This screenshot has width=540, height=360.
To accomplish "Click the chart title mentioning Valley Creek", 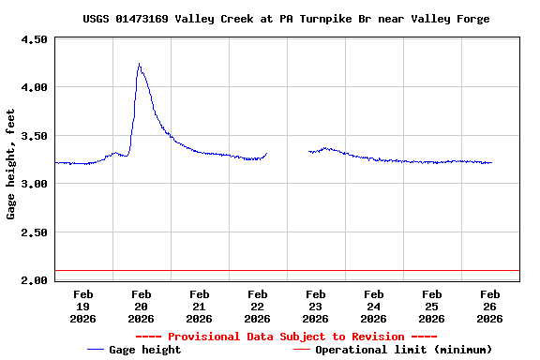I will click(x=285, y=19).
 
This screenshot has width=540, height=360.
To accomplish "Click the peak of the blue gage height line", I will click(x=139, y=64).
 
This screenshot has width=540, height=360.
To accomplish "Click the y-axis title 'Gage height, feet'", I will click(x=11, y=164).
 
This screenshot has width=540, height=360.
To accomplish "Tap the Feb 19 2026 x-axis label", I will click(x=83, y=306).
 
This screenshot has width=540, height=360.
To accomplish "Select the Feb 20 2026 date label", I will click(x=142, y=306).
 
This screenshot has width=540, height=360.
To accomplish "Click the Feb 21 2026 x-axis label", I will click(x=200, y=306).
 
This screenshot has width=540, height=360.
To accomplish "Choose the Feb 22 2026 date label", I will click(x=258, y=306).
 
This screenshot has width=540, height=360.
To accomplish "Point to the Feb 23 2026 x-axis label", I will click(x=316, y=306).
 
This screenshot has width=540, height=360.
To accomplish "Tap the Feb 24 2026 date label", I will click(x=374, y=306).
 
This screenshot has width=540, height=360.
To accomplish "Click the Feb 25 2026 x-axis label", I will click(x=431, y=306).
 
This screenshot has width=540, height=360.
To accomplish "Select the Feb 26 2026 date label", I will click(x=489, y=306).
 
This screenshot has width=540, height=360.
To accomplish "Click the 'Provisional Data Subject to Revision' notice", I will click(x=286, y=337).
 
